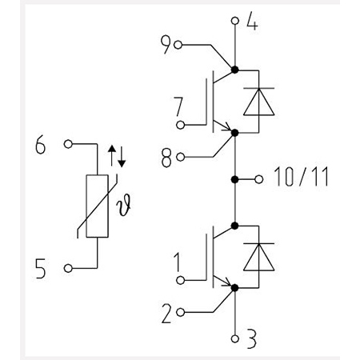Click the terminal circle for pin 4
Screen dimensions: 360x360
tap(235, 21)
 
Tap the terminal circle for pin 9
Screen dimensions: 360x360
tap(178, 45)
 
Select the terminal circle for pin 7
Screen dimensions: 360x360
tap(181, 125)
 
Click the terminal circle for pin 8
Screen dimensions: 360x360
tap(181, 157)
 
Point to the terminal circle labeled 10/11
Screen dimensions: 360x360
tap(258, 179)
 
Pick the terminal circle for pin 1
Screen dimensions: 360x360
tap(181, 280)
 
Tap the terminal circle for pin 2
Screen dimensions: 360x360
tap(181, 312)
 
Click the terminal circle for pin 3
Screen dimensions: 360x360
tap(235, 338)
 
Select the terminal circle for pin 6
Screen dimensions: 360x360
tap(68, 144)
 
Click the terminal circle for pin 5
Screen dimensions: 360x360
tap(68, 268)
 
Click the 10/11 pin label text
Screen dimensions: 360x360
tap(302, 177)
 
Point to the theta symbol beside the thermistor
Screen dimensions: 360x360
tap(124, 205)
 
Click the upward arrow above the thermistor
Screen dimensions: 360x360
tap(112, 155)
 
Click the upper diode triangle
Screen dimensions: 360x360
tap(259, 102)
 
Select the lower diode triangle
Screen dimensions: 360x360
tap(259, 258)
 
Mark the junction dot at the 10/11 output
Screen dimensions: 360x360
tap(234, 179)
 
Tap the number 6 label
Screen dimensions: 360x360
tap(41, 146)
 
